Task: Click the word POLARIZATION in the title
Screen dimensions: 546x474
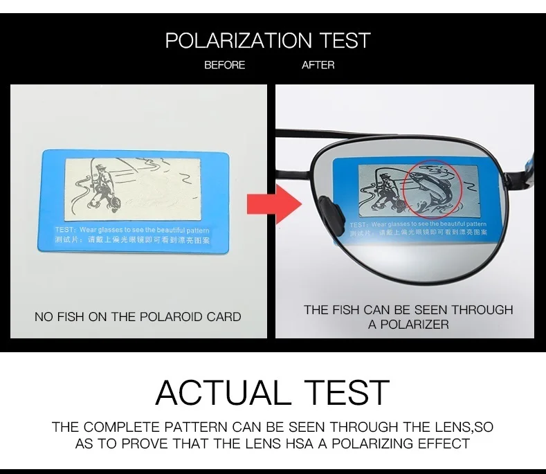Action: [x=239, y=40]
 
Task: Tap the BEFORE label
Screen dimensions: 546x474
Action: [x=225, y=65]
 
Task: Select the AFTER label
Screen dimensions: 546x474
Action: [x=318, y=65]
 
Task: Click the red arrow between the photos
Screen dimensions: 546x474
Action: [x=275, y=203]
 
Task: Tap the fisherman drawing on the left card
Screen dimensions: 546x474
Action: [x=99, y=188]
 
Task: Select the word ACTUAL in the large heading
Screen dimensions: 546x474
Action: [x=223, y=392]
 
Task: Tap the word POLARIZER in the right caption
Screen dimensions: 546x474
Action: [x=415, y=325]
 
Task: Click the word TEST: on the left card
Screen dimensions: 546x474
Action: [x=65, y=230]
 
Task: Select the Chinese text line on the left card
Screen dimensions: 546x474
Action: [x=132, y=240]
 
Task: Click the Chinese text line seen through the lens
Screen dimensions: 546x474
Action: [x=418, y=233]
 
